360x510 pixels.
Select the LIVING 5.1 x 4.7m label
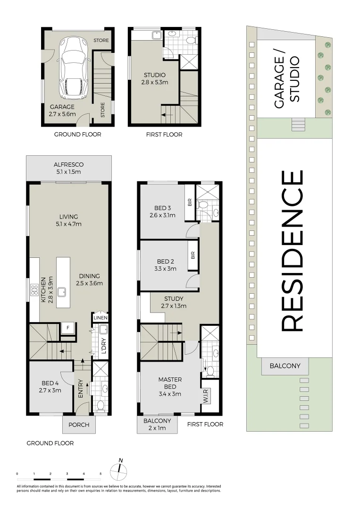[x=69, y=220]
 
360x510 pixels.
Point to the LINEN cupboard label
[x=100, y=317]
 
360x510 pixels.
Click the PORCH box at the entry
[x=79, y=425]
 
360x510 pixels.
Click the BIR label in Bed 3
[x=190, y=203]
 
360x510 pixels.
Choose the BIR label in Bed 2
[x=193, y=255]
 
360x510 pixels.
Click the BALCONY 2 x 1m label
[x=158, y=424]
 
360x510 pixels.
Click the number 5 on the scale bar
[x=100, y=473]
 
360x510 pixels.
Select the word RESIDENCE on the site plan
[x=292, y=251]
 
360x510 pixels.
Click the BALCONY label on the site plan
[x=285, y=366]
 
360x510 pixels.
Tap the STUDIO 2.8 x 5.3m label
[x=155, y=78]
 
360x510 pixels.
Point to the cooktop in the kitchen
[x=34, y=289]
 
